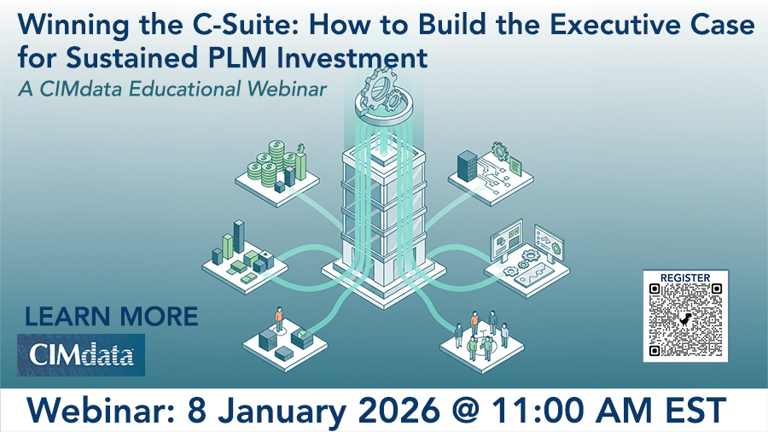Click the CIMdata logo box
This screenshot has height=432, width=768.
coord(81,355)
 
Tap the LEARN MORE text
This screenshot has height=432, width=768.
coord(111,317)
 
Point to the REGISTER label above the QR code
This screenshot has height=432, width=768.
coord(685,277)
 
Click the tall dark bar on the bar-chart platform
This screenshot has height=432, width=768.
coord(239,238)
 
